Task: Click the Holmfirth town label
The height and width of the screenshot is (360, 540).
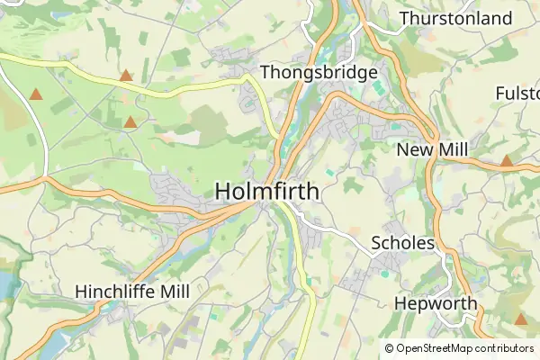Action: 266,191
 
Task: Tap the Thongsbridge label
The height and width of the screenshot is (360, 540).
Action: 319,72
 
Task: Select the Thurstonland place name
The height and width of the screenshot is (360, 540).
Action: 455,18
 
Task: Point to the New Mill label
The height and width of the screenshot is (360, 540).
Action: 435,149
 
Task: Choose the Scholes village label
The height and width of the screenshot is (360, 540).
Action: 403,243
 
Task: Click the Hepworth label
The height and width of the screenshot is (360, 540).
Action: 436,303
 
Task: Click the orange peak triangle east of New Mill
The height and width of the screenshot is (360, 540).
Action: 507,161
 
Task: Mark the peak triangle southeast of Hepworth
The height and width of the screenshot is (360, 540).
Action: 520,319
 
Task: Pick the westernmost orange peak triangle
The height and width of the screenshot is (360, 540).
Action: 35,94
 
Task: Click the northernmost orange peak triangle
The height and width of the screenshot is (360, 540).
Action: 126,76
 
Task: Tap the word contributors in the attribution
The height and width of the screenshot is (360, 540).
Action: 505,348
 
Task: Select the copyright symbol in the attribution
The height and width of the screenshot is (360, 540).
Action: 389,348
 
